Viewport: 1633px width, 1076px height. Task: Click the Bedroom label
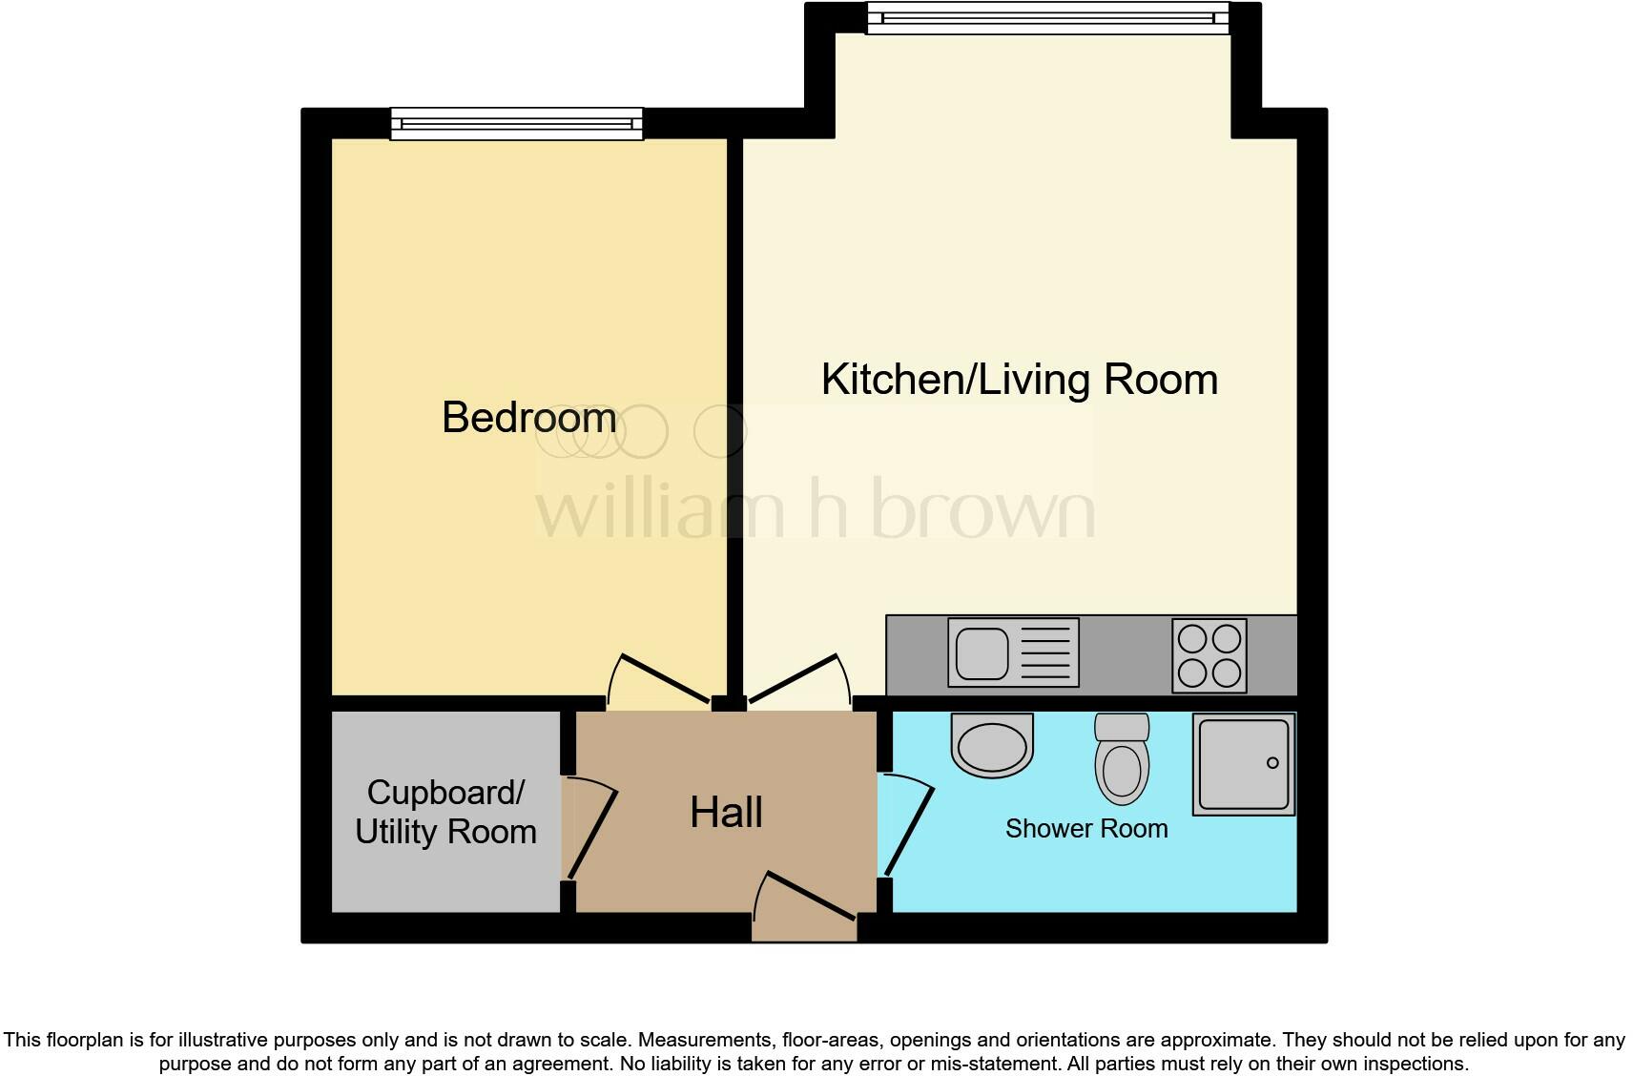pos(528,418)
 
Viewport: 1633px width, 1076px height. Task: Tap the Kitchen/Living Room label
pos(1019,380)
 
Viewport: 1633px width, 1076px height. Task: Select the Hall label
pos(726,813)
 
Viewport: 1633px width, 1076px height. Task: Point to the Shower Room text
pos(1086,828)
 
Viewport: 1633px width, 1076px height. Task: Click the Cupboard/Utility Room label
pos(445,813)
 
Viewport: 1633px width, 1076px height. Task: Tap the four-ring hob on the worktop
pos(1209,656)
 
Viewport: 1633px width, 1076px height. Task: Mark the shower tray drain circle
pos(1271,762)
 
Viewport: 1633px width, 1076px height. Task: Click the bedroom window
pos(516,124)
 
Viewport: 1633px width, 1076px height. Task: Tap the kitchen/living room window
pos(1047,19)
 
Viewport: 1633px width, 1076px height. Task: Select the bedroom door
pos(665,678)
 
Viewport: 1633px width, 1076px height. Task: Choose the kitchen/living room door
pos(795,678)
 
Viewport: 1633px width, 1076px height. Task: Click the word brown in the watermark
pos(982,510)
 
